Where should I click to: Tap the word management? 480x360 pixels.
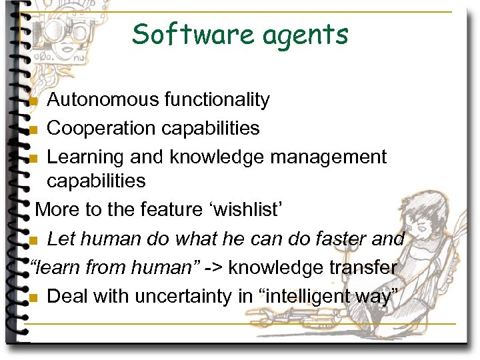click(329, 157)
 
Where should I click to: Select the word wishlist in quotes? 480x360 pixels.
click(248, 209)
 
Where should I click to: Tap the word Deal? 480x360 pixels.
click(68, 296)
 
